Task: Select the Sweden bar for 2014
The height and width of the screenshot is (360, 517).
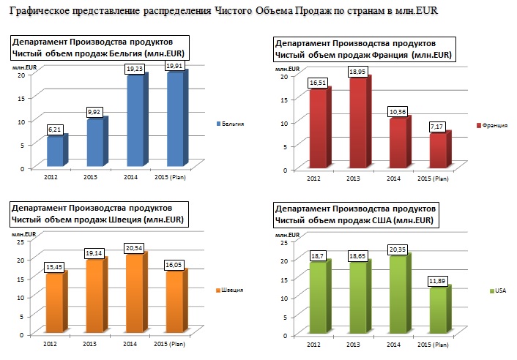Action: [x=135, y=293]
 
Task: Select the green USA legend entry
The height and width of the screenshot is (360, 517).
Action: [x=496, y=290]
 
